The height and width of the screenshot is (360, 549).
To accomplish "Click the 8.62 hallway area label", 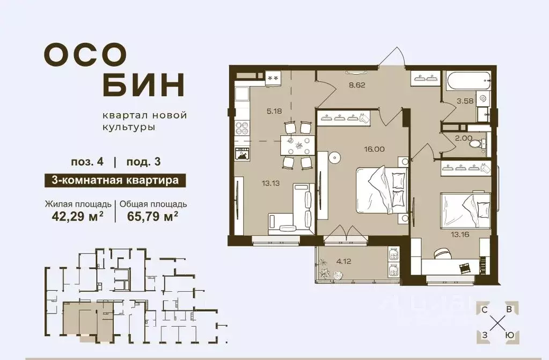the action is pyautogui.click(x=357, y=85).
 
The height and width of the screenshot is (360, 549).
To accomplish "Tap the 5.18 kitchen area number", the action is pyautogui.click(x=274, y=112).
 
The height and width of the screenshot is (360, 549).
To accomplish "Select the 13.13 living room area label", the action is pyautogui.click(x=270, y=183).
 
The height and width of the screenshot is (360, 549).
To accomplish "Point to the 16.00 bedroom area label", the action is pyautogui.click(x=374, y=149).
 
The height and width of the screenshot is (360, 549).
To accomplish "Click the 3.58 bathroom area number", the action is pyautogui.click(x=465, y=101).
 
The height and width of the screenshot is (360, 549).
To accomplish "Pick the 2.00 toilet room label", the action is pyautogui.click(x=464, y=138).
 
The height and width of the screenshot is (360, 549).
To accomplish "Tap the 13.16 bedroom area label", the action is pyautogui.click(x=460, y=234).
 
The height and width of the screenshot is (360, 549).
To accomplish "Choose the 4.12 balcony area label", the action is pyautogui.click(x=343, y=261).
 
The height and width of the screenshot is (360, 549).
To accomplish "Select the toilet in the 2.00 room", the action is pyautogui.click(x=478, y=144).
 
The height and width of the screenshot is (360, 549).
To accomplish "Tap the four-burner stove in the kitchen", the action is pyautogui.click(x=241, y=128).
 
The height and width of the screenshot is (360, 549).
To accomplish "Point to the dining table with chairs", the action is pyautogui.click(x=297, y=145).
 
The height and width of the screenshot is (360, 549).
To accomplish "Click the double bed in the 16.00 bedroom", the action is pyautogui.click(x=382, y=190).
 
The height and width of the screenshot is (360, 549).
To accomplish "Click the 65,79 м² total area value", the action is pyautogui.click(x=152, y=216).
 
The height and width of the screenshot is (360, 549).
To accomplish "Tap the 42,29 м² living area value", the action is pyautogui.click(x=77, y=216).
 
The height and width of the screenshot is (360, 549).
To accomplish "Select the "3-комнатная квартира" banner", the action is pyautogui.click(x=115, y=180).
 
